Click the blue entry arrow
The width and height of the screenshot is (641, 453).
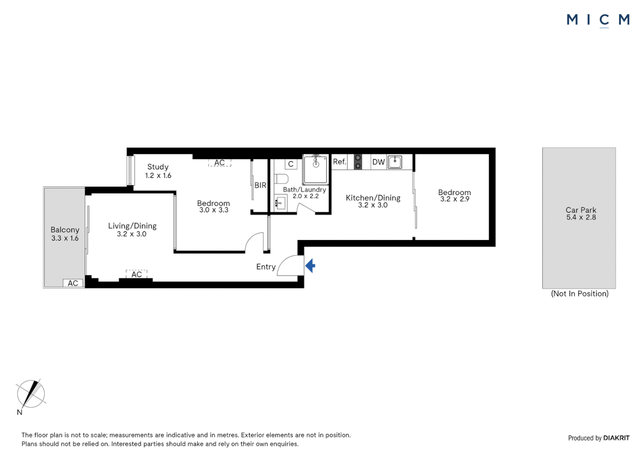(310, 266)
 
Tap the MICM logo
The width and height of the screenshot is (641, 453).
(598, 20)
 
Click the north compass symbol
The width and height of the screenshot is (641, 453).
(31, 394)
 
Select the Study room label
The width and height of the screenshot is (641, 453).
(158, 167)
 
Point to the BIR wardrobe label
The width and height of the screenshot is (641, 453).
(260, 185)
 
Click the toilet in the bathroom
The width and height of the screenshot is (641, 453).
(281, 179)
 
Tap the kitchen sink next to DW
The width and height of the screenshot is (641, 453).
(395, 162)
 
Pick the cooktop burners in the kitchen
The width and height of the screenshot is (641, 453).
(358, 162)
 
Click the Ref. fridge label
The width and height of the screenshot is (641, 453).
(339, 162)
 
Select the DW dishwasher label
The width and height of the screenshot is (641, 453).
(378, 162)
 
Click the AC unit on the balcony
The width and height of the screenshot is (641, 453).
(73, 283)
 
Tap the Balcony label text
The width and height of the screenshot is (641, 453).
(65, 230)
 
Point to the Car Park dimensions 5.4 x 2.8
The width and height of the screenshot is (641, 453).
(581, 217)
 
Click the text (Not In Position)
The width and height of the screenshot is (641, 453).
(579, 294)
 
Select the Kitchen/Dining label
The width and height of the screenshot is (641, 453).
(373, 198)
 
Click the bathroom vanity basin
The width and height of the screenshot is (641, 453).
(280, 203)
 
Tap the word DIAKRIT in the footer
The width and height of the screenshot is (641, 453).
(616, 438)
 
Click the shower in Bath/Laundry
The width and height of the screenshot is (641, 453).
(315, 169)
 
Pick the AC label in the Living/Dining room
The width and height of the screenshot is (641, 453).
(136, 274)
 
